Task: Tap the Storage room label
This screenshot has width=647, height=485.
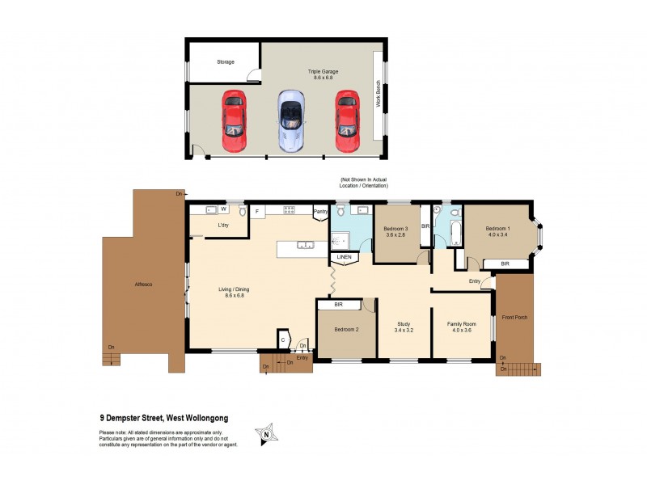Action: coord(225,61)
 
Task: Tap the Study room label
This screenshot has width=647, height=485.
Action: coord(404,326)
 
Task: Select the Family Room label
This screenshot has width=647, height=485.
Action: coord(463,326)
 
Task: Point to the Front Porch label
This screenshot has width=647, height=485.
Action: coord(514,317)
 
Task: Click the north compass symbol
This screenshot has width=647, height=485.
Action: coord(264,435)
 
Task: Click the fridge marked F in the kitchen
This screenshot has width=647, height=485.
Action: coord(257,212)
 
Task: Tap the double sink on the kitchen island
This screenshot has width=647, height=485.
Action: coord(305,245)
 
